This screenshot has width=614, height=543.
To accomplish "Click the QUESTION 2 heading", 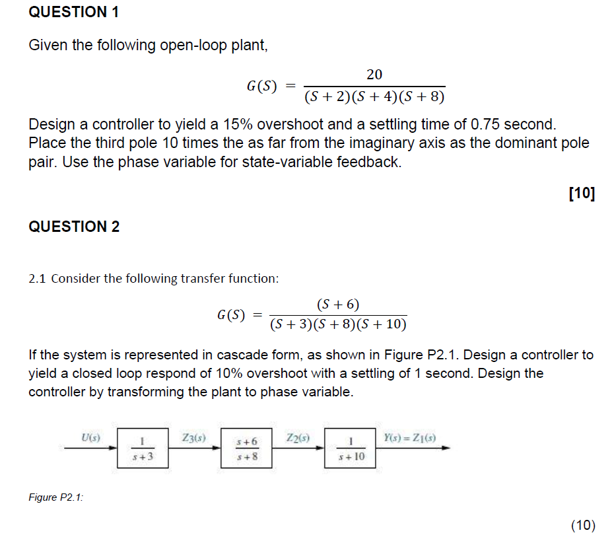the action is (74, 227).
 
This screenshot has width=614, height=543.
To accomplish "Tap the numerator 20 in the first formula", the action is (374, 74).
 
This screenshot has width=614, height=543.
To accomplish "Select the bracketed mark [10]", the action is (581, 194).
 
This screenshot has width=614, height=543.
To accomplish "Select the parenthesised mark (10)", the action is (583, 525).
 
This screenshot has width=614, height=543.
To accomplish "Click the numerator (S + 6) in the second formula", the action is (338, 305).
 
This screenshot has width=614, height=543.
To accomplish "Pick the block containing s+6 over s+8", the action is (246, 447).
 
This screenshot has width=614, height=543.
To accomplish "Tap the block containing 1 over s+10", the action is (351, 447).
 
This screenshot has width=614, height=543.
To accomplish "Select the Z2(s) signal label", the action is (298, 437).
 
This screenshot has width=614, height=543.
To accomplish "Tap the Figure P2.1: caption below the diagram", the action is (56, 497).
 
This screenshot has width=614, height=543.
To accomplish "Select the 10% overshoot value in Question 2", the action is (230, 373).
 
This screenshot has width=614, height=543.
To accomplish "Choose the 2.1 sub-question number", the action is (37, 278).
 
